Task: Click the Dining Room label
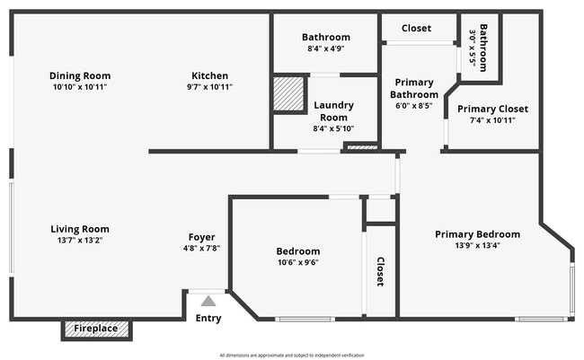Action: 80,75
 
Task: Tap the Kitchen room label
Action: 210,75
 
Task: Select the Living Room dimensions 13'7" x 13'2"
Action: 80,241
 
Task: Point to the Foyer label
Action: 201,237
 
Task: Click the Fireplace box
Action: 95,329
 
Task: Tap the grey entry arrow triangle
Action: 208,302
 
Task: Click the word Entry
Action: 208,318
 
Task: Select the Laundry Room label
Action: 332,111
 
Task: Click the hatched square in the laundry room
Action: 288,93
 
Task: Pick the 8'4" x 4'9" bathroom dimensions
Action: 325,49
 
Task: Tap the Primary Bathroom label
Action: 414,88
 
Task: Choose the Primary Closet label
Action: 492,109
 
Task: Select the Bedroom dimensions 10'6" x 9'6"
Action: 298,263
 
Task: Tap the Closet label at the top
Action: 416,28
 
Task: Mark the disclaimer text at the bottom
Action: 292,354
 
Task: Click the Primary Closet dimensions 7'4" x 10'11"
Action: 492,120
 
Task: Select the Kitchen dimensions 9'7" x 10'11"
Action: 210,87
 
